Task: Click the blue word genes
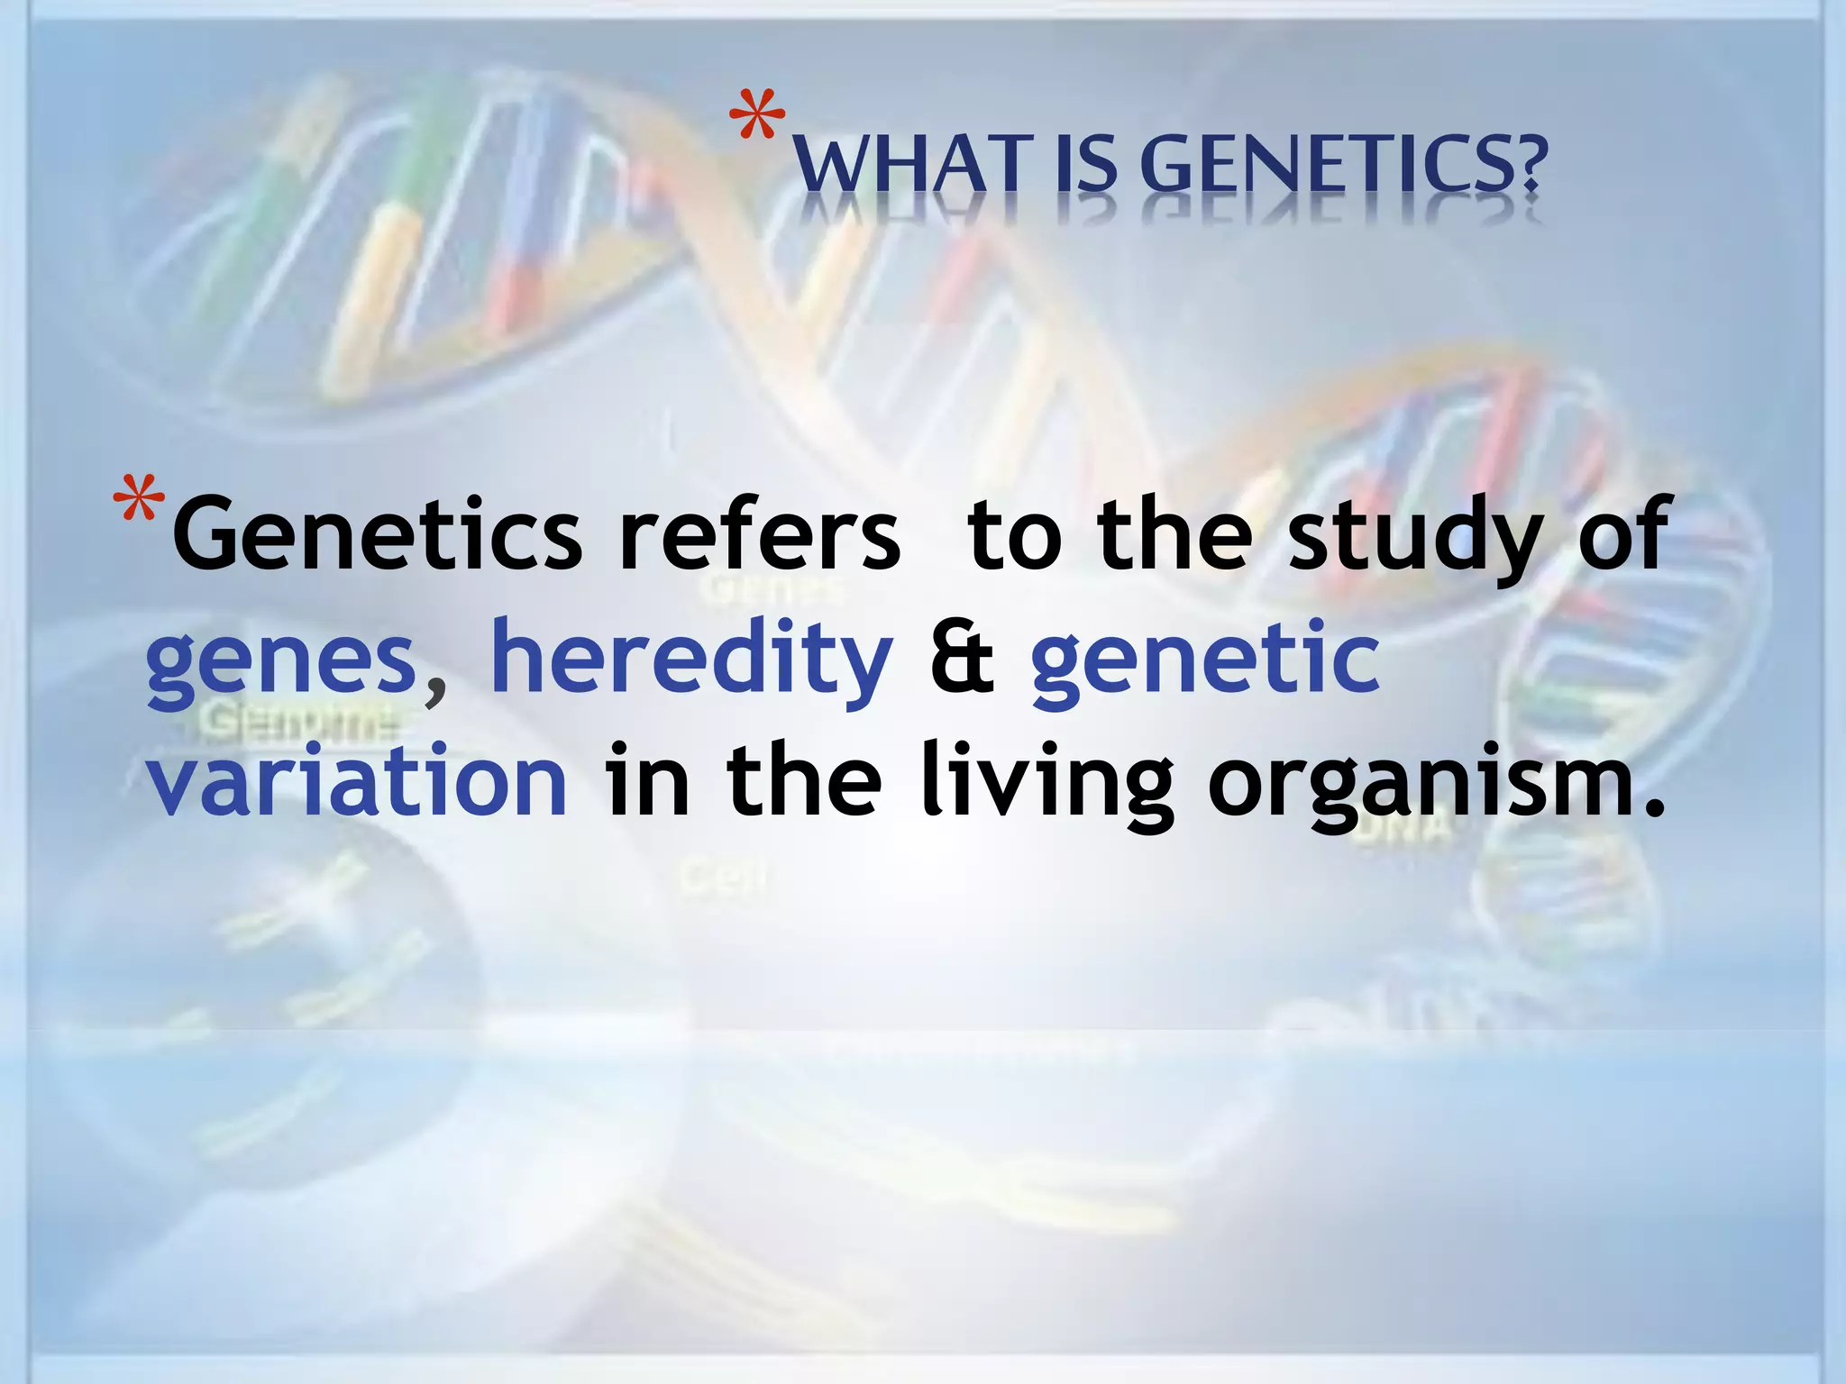pos(280,662)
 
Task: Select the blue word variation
pos(357,780)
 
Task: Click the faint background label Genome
pos(297,722)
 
